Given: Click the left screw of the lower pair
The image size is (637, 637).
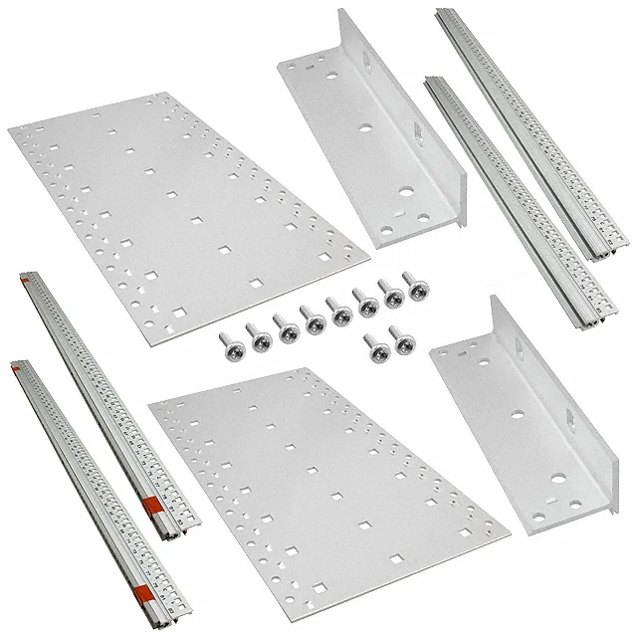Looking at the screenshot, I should click(x=374, y=348).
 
